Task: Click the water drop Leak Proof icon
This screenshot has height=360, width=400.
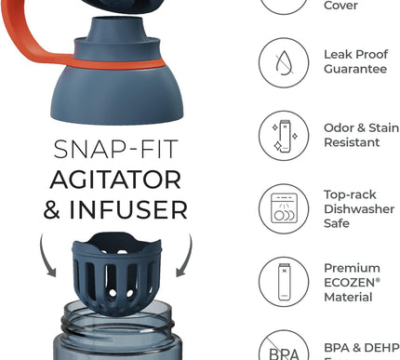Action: click(283, 62)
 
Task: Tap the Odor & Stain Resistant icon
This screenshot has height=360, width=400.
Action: click(283, 136)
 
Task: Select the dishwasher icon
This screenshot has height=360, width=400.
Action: click(283, 209)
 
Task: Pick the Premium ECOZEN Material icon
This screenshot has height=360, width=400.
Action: click(283, 282)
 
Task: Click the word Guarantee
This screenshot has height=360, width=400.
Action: click(356, 70)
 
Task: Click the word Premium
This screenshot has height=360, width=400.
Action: click(353, 268)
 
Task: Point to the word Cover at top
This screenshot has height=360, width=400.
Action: click(340, 6)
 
